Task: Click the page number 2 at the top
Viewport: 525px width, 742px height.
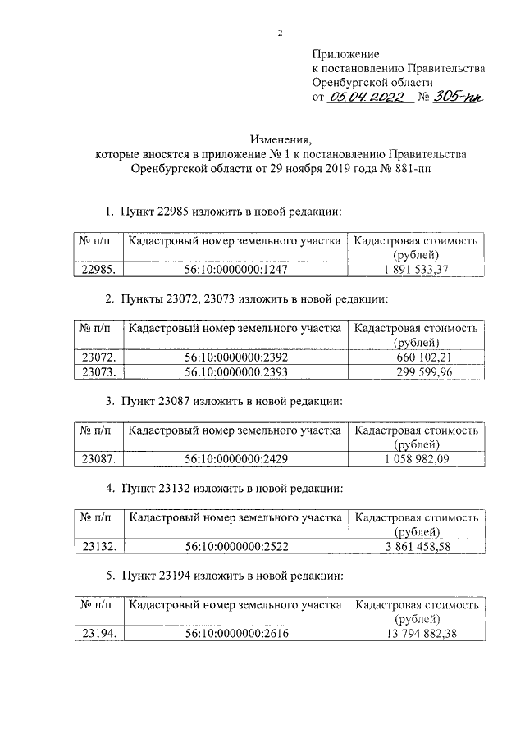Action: click(x=280, y=33)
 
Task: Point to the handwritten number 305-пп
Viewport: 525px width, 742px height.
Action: click(x=459, y=98)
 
